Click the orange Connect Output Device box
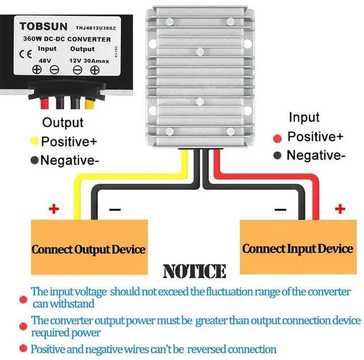coord(88,249)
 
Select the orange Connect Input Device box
coord(297,249)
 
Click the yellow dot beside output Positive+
coord(34,141)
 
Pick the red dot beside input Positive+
coord(278,138)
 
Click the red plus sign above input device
coord(340,209)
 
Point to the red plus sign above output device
coord(53,209)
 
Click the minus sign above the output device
coord(114,209)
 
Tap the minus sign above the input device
coord(280,209)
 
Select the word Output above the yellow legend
coord(63,122)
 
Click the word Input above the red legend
coord(304,118)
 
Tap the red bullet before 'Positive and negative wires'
coord(23,348)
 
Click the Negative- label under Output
coord(69,160)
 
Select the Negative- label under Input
coord(316,155)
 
